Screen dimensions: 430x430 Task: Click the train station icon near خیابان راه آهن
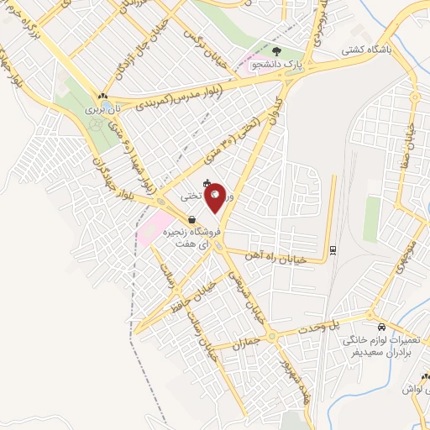coord(333,249)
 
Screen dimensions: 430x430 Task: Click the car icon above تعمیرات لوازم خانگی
coord(382,327)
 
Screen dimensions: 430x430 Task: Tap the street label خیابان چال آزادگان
coord(120,63)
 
